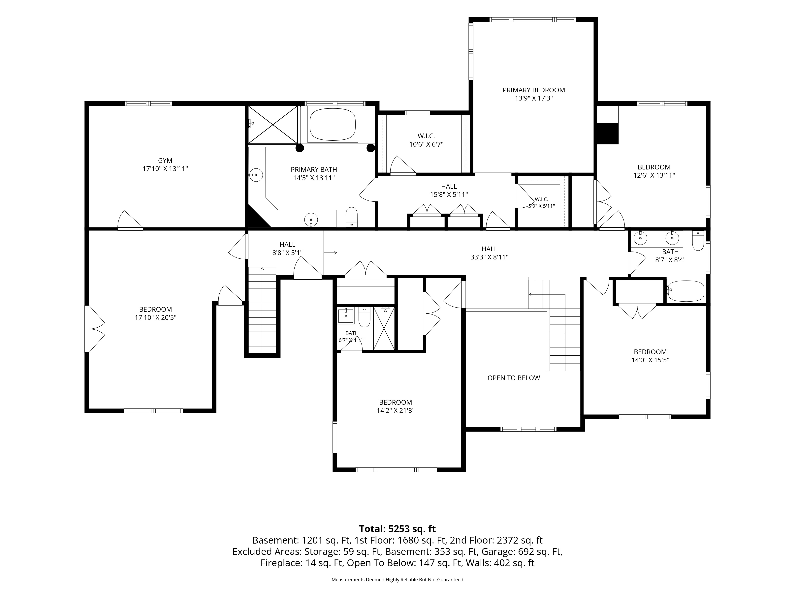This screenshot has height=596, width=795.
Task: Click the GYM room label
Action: [x=165, y=161]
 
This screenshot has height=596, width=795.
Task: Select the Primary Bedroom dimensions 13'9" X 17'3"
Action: [x=534, y=98]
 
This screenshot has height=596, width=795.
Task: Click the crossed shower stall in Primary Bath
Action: [x=273, y=124]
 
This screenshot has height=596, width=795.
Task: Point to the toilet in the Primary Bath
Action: [x=352, y=217]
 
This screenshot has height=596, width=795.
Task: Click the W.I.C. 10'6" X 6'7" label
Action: [x=426, y=140]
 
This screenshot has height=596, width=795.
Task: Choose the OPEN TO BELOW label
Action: [x=514, y=378]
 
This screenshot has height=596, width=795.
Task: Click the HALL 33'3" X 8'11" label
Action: [x=490, y=253]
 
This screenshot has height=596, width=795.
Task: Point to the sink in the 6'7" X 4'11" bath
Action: [x=346, y=315]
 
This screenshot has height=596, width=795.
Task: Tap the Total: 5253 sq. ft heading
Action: [x=397, y=529]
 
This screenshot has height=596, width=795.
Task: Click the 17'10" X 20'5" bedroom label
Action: [x=156, y=313]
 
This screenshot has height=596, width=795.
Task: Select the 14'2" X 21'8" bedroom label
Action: [x=395, y=406]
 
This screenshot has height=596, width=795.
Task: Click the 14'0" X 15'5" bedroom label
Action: [x=650, y=356]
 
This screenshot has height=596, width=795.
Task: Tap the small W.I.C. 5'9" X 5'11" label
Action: [x=541, y=203]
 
